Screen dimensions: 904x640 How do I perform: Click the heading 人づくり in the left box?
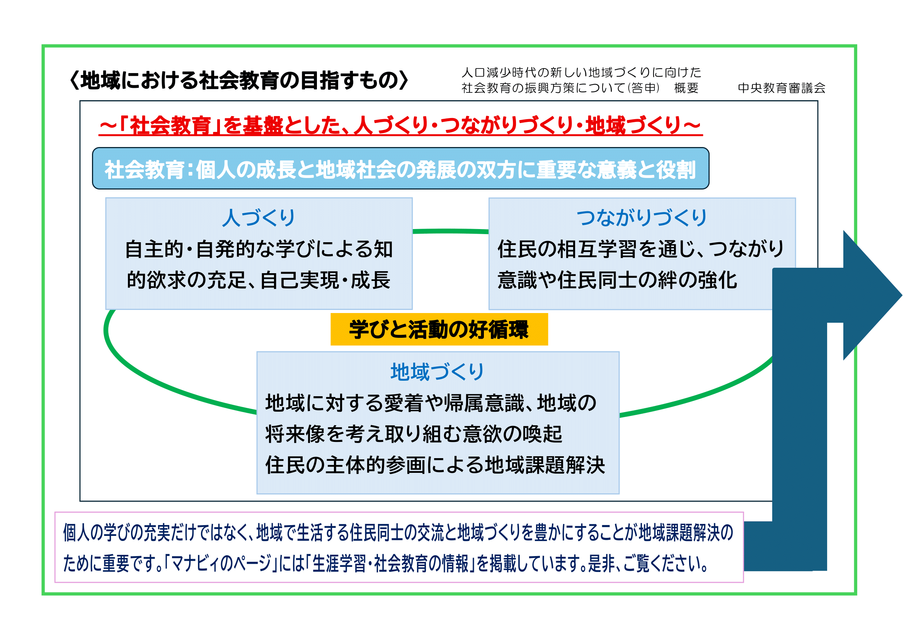click(258, 217)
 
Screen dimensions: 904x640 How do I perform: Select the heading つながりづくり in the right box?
click(642, 217)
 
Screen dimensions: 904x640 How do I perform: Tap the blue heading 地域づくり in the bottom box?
click(438, 371)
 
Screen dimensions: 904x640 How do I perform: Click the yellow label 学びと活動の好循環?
click(439, 329)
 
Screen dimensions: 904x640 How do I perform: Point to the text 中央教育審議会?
click(781, 88)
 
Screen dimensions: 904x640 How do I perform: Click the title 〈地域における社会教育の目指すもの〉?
click(238, 80)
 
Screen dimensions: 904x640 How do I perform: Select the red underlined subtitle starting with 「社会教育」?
click(400, 126)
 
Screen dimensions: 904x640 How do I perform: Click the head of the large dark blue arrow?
click(872, 295)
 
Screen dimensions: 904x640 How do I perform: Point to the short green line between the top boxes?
click(450, 231)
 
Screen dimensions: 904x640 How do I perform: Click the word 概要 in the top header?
click(686, 88)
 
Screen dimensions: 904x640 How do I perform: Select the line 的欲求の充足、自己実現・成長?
click(258, 280)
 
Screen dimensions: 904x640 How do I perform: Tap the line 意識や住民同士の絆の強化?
click(617, 280)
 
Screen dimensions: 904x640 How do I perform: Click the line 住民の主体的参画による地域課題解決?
click(435, 465)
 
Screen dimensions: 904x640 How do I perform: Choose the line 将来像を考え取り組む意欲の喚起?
click(414, 434)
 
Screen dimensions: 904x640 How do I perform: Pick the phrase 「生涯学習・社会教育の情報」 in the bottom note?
click(390, 563)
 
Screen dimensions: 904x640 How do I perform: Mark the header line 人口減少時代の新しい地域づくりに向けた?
click(582, 72)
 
